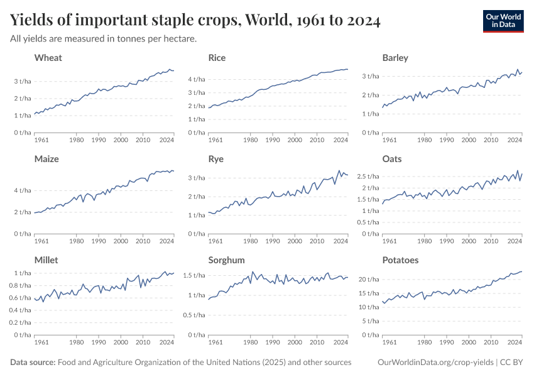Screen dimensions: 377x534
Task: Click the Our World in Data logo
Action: point(503,21)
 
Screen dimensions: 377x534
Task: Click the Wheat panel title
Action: point(48,58)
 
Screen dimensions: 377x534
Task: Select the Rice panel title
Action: point(217,58)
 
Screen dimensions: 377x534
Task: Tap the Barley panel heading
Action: point(395,58)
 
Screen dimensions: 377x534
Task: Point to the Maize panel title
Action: point(46,159)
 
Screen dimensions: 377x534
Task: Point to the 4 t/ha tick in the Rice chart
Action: point(197,79)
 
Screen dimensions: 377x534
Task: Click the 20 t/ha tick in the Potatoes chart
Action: point(369,279)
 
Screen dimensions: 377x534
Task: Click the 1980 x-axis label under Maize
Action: point(76,241)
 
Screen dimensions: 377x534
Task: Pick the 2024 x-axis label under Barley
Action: point(514,140)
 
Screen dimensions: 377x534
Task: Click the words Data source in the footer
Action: point(33,363)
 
